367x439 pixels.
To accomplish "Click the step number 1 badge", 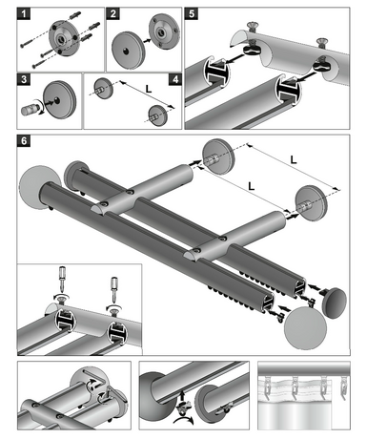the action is (24, 14).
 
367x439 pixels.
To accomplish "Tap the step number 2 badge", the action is (113, 14).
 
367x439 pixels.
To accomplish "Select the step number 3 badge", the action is (24, 79).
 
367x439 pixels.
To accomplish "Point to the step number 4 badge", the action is (175, 79).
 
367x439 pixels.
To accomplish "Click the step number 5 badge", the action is (192, 14).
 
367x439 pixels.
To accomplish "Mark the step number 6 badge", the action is (24, 140).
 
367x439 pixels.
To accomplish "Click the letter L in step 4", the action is (149, 89).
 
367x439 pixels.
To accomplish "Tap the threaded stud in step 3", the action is (28, 109).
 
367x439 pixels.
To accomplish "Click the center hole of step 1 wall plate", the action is (60, 39).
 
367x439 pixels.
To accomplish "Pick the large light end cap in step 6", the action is (305, 328).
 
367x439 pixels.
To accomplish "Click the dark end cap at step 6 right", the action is (334, 303).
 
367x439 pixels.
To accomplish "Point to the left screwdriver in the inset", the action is (62, 279).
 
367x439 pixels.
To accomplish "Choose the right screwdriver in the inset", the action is (113, 289).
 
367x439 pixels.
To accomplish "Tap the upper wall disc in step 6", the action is (218, 157).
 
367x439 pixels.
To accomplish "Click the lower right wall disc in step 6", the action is (311, 203).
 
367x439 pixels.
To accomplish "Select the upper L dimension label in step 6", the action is (294, 159).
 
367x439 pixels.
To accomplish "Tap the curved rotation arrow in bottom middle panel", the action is (183, 421).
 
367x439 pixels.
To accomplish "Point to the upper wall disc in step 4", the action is (103, 88).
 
